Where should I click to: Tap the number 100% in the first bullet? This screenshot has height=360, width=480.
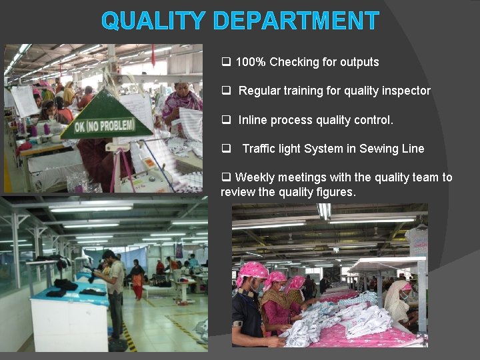point(251,62)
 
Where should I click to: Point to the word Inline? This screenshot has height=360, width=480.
point(254,120)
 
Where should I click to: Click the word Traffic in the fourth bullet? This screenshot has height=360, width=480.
point(261,149)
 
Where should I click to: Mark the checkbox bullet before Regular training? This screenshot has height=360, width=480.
point(225,91)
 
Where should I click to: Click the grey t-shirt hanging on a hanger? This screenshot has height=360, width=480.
point(418,243)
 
